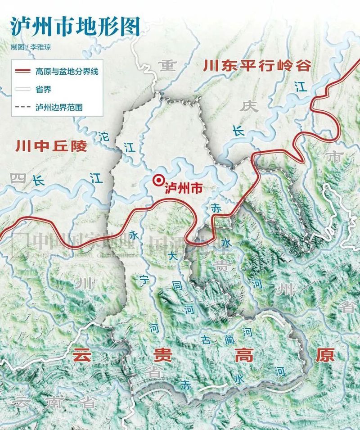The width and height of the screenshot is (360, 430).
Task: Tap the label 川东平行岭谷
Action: pos(257,66)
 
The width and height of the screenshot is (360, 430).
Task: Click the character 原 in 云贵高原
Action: pos(324,355)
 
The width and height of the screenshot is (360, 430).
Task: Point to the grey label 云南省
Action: pos(54,402)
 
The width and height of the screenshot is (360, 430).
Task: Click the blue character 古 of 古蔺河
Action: pos(205,338)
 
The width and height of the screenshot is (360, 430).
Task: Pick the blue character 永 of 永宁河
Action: pos(133,235)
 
